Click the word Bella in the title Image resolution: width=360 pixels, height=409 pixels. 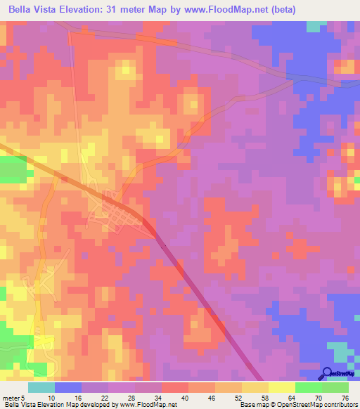pyautogui.click(x=23, y=10)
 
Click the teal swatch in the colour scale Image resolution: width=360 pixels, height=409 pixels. pyautogui.click(x=41, y=387)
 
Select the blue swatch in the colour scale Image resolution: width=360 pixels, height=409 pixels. pyautogui.click(x=68, y=387)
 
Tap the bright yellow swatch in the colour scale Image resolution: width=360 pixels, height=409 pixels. pyautogui.click(x=282, y=387)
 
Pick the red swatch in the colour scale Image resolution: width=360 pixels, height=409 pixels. pyautogui.click(x=175, y=387)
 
